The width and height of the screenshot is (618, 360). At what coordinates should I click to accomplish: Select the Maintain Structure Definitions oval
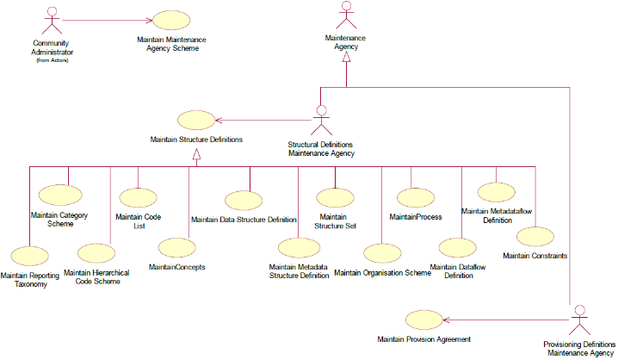(x=195, y=121)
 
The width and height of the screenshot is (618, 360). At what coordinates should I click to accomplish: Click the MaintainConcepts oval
(x=176, y=251)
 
